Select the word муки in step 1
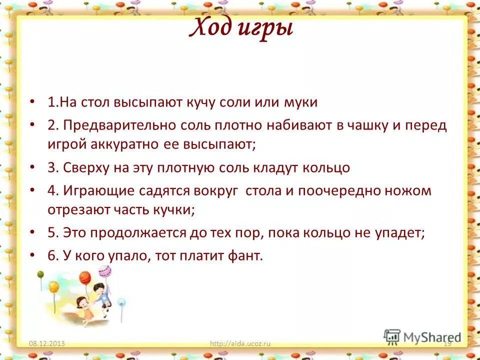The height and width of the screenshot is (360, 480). click(300, 102)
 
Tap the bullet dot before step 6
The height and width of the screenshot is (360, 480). click(32, 255)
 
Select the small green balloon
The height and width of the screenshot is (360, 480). click(121, 302)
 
